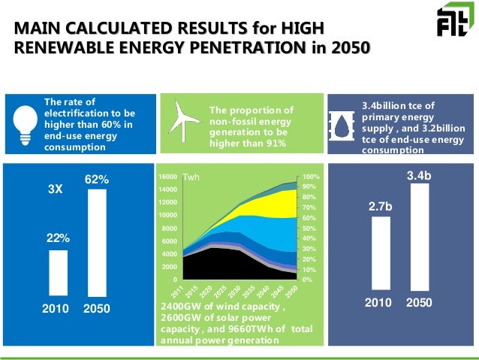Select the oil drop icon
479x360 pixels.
pyautogui.click(x=344, y=124)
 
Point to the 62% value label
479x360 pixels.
pyautogui.click(x=97, y=180)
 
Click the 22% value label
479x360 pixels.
pyautogui.click(x=58, y=238)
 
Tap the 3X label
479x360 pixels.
pyautogui.click(x=55, y=191)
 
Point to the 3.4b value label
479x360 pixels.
pyautogui.click(x=420, y=175)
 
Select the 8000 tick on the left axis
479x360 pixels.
pyautogui.click(x=169, y=228)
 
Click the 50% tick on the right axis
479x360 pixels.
pyautogui.click(x=309, y=228)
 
